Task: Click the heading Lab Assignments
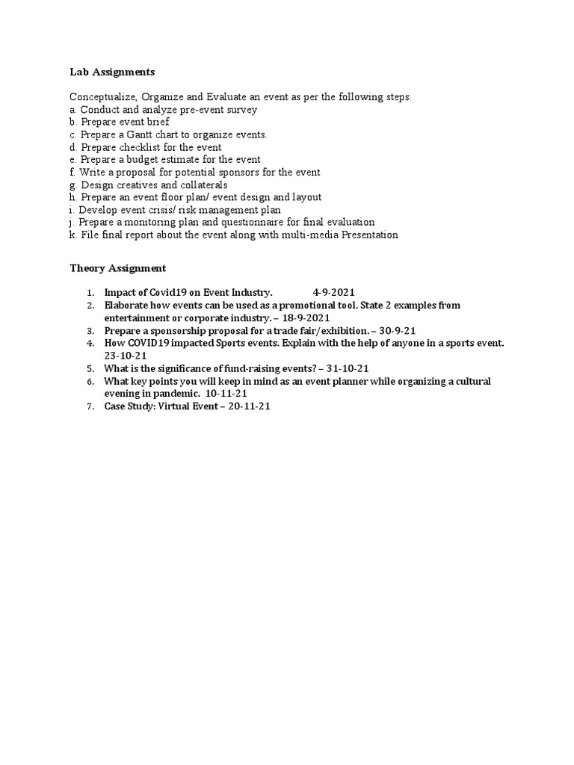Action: point(112,72)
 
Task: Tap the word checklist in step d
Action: point(141,147)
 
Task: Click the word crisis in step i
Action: point(161,210)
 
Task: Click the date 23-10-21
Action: point(126,356)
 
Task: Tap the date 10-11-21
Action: point(222,394)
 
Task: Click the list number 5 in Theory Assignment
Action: point(89,368)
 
